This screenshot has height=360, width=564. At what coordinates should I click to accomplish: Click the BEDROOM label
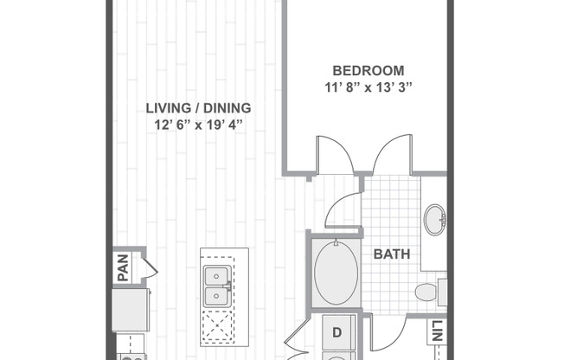(369, 70)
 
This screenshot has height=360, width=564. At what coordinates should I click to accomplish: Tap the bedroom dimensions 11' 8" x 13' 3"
(369, 87)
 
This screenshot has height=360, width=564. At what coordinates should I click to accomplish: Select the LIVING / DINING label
(197, 108)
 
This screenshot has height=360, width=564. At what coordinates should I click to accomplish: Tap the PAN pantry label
(123, 267)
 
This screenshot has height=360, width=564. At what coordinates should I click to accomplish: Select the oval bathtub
(335, 272)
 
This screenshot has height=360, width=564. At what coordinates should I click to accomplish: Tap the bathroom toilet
(427, 292)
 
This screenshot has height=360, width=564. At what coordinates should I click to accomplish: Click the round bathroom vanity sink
(434, 220)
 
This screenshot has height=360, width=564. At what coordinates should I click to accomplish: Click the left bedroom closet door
(333, 153)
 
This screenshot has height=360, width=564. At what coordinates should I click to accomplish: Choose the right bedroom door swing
(388, 153)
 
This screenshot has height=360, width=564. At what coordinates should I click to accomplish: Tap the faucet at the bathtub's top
(336, 242)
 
